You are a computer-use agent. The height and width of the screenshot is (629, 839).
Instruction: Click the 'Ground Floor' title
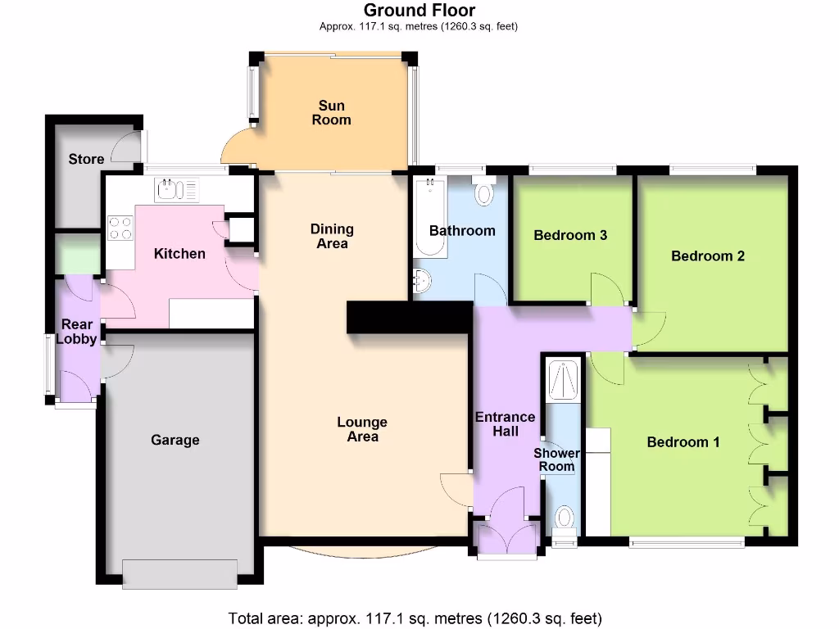coord(419,11)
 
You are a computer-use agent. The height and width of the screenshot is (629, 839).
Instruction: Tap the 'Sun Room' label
coord(332,112)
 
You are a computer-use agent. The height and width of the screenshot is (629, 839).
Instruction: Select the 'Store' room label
coord(86,159)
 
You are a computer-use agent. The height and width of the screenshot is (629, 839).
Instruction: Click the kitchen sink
coord(176,190)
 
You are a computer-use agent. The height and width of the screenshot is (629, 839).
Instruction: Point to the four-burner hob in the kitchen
coord(120,227)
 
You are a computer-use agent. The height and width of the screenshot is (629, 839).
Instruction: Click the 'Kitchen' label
coord(179,253)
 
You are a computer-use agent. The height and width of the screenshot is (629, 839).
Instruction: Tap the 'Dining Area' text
coord(332,236)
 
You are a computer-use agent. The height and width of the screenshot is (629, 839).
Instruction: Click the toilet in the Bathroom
coord(484,192)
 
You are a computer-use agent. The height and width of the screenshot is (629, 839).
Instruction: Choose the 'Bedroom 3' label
coord(570,236)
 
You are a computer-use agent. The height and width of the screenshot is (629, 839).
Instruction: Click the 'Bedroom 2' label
coord(707,256)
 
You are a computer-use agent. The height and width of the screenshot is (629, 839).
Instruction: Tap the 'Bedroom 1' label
coord(683,442)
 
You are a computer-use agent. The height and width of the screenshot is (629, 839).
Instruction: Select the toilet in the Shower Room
coord(565,521)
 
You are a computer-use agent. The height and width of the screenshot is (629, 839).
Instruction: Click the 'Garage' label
coord(175,440)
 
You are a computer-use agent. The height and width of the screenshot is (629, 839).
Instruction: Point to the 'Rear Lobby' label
coord(77,332)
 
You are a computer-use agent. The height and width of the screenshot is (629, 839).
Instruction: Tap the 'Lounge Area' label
coord(362,429)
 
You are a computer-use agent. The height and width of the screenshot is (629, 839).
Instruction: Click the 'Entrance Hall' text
coord(506,423)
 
